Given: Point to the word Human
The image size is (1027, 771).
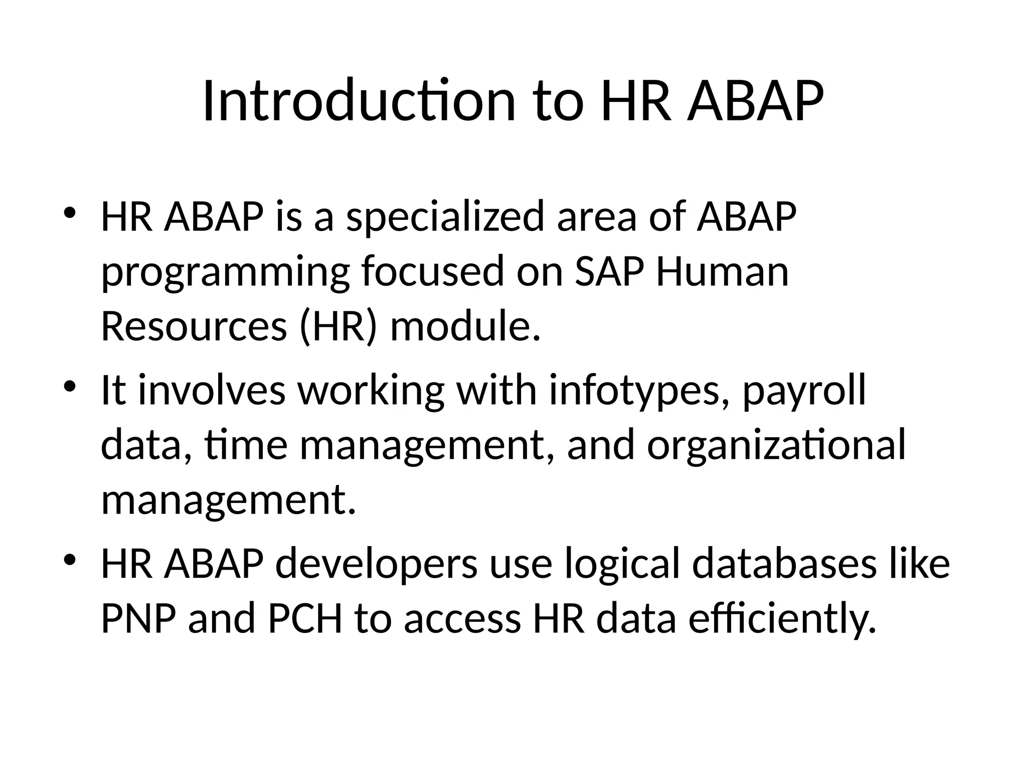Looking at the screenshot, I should tap(722, 272).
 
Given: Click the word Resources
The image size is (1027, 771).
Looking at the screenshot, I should tap(194, 326).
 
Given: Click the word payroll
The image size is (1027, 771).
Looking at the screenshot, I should tap(804, 391).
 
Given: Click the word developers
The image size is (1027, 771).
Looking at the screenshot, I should tap(376, 564).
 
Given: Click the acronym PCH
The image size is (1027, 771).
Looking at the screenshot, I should tap(305, 618).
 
